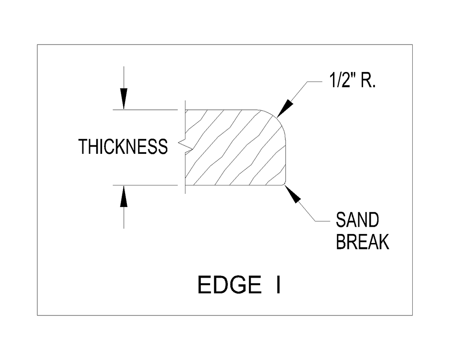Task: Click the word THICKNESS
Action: point(123,147)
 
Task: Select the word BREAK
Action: point(363,242)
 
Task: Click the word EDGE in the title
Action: point(230,285)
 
